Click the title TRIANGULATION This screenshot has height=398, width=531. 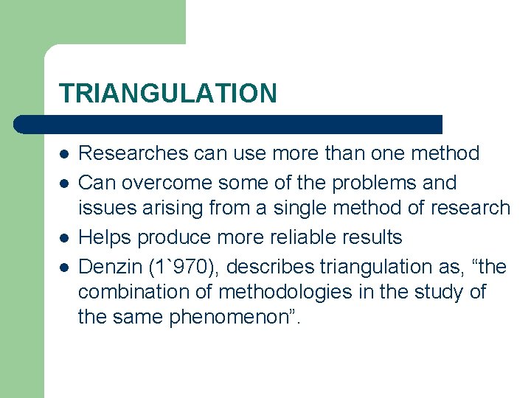tap(168, 94)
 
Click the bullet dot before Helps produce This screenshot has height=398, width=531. tap(65, 238)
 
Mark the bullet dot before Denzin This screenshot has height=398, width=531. tap(65, 266)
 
